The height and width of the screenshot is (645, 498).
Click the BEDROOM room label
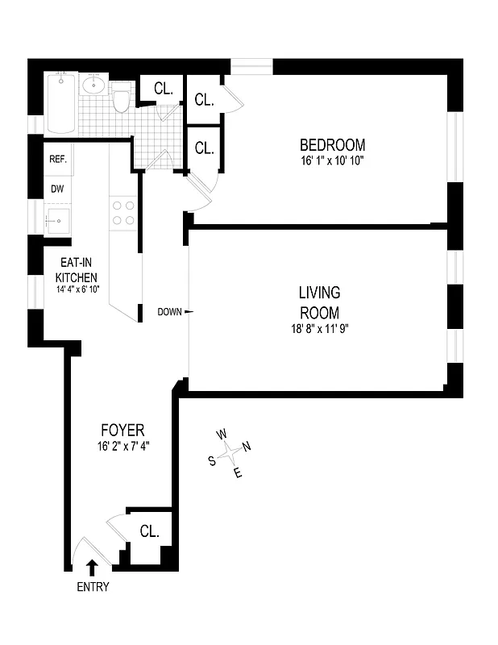332,146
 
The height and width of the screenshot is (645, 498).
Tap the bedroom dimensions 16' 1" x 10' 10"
332,161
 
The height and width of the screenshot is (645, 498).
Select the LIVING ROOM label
319,302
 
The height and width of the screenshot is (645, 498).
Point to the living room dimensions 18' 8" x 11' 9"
319,328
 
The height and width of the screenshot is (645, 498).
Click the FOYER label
122,430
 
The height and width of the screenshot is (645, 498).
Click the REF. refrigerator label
57,160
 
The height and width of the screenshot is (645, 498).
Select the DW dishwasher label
57,189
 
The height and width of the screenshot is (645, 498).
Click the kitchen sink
57,219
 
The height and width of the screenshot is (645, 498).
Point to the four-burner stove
123,212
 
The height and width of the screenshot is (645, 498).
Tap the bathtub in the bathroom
62,103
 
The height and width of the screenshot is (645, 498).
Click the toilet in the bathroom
122,100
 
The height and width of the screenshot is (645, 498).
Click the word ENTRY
93,587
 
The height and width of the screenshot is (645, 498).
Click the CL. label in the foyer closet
150,531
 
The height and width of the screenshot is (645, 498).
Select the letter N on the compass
247,447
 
